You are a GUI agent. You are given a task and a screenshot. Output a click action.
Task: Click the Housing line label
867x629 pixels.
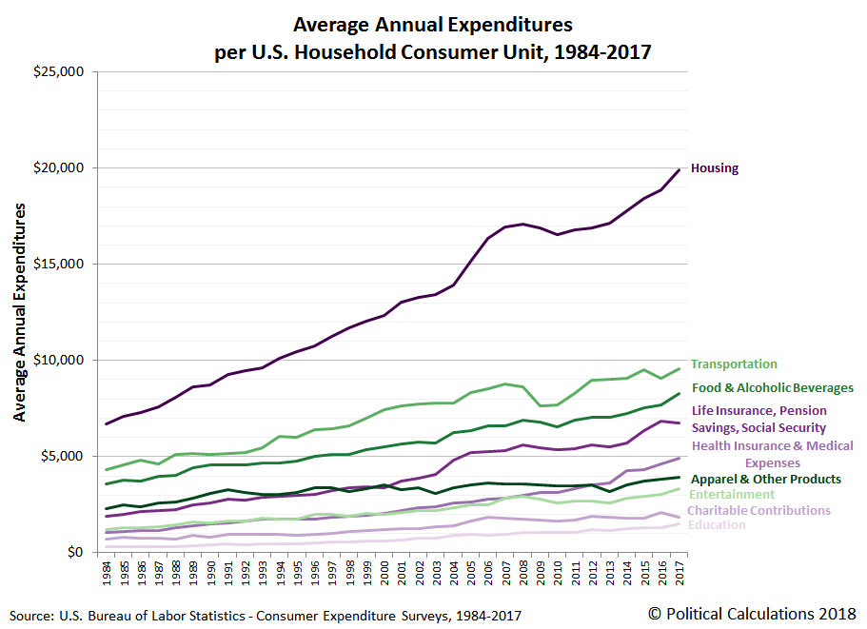[714, 168]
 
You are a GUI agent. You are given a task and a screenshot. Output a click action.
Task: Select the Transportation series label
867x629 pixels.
[734, 364]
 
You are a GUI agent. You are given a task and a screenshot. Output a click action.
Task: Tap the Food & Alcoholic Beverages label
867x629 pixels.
[772, 388]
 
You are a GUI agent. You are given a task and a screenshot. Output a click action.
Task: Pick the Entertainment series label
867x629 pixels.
[731, 495]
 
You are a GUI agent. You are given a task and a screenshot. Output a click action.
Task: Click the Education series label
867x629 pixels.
[716, 525]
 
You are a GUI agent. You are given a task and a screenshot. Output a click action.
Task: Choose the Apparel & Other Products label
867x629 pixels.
[766, 480]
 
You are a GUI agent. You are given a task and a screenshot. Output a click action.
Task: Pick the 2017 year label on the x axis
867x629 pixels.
[680, 573]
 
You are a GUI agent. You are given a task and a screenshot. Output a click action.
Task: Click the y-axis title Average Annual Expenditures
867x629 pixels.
[20, 311]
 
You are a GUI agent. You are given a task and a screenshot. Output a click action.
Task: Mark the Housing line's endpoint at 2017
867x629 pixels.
[680, 169]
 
